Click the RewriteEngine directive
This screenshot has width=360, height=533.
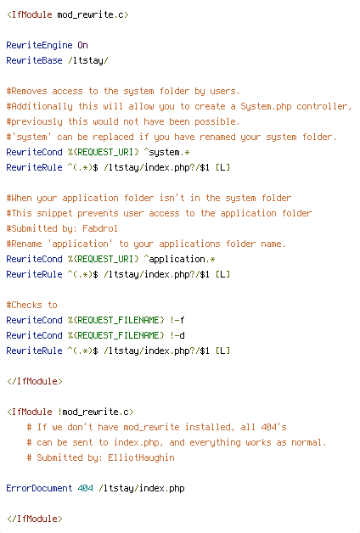click(39, 45)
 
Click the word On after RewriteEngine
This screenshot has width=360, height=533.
click(83, 45)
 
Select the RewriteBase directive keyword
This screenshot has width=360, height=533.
click(34, 60)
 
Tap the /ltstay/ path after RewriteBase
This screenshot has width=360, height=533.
click(88, 60)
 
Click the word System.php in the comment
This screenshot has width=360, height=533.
click(266, 106)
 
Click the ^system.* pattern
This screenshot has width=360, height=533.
click(166, 152)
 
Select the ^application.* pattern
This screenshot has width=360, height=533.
click(179, 260)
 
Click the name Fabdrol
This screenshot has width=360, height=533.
click(100, 228)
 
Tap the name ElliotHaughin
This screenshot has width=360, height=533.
click(141, 457)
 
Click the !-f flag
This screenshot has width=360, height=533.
click(177, 320)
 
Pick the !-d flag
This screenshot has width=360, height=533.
click(177, 335)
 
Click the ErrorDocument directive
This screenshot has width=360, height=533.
click(39, 489)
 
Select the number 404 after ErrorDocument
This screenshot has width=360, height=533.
click(85, 489)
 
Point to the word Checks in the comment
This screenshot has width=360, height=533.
click(26, 305)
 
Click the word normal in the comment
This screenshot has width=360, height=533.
click(307, 442)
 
